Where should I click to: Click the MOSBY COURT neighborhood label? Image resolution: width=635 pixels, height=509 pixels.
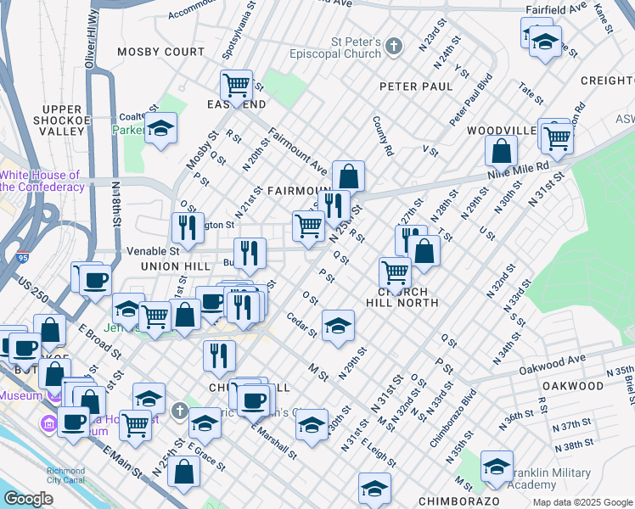(161, 52)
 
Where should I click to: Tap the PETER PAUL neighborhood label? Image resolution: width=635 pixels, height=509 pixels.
(416, 87)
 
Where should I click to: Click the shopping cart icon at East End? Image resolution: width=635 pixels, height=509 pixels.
(236, 85)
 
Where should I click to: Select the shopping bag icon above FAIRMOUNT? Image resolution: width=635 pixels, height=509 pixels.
(348, 176)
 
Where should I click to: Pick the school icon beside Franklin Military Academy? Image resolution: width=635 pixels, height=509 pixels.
(497, 466)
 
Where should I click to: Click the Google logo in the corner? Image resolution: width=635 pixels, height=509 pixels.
(27, 499)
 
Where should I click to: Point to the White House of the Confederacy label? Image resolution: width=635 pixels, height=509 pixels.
(42, 181)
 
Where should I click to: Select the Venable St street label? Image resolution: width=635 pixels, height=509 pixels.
(152, 251)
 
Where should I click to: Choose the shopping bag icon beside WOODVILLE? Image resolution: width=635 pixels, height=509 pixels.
(502, 151)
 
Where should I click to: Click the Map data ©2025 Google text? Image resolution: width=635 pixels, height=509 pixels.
(582, 502)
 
